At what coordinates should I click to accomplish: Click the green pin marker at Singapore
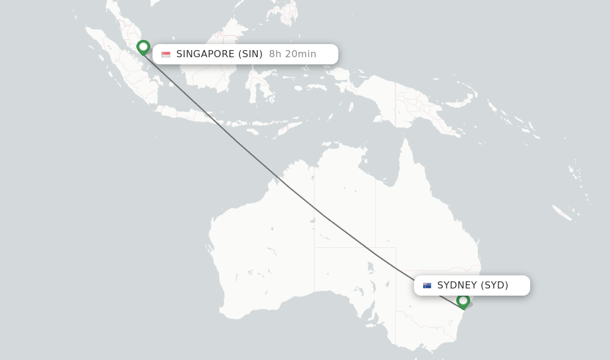click(143, 47)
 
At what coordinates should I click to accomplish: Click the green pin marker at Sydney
click(463, 301)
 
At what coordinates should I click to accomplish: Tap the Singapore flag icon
click(166, 54)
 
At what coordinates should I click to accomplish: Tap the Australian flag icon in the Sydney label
click(427, 285)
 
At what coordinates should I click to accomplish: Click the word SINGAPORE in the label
click(205, 54)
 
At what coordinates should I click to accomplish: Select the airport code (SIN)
click(250, 54)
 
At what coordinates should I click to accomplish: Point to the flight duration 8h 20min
click(292, 54)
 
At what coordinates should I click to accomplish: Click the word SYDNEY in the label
click(457, 285)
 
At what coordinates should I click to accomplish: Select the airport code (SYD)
click(494, 285)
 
